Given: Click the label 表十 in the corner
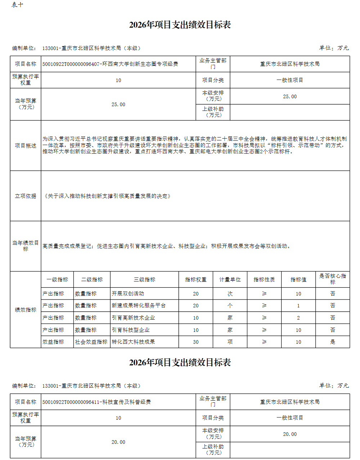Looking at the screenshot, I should click(17, 5).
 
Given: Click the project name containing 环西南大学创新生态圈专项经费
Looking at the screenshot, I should click(110, 64).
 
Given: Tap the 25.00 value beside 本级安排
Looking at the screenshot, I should click(290, 96).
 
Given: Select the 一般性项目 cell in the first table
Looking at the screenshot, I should click(290, 80).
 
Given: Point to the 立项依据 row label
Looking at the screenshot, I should click(26, 196).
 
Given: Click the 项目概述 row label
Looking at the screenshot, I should click(26, 146).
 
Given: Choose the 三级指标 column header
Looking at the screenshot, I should click(144, 280).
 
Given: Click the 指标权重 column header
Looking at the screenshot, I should click(195, 280).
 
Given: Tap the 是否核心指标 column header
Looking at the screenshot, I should click(332, 279).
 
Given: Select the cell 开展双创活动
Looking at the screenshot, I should click(128, 294).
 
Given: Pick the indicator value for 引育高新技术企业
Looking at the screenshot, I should click(298, 318).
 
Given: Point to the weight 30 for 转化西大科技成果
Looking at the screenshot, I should click(195, 342).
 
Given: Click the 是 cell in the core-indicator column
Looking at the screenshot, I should click(332, 342).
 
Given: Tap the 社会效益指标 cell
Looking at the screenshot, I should click(91, 342).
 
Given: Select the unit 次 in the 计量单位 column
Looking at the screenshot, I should click(230, 294).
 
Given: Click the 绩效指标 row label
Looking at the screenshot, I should click(26, 310).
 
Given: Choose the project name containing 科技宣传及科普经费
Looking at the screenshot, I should click(96, 402).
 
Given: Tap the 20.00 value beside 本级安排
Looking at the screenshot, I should click(290, 434).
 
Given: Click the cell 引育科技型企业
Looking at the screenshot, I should click(131, 330).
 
